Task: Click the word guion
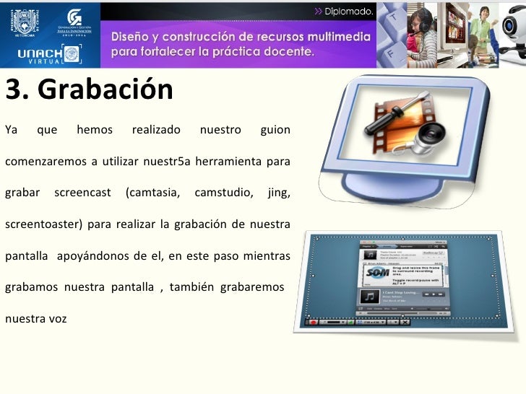[x=275, y=131]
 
